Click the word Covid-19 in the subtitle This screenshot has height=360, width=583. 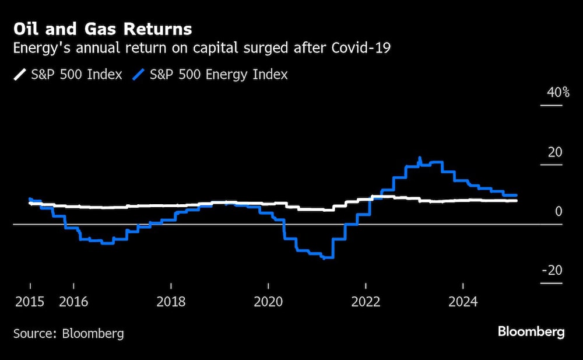click(361, 48)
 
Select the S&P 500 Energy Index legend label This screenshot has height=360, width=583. click(219, 75)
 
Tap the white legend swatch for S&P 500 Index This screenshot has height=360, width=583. click(20, 75)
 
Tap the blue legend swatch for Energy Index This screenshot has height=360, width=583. click(138, 75)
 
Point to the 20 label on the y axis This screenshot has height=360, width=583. click(554, 152)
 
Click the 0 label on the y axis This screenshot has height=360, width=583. click(559, 211)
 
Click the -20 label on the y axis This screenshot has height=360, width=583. click(552, 271)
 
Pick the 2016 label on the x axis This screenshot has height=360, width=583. click(73, 302)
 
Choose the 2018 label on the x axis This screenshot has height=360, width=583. click(171, 302)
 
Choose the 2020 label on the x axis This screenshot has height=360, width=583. click(268, 302)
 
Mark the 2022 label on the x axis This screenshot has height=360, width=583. click(366, 302)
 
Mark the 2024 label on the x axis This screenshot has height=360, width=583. click(463, 302)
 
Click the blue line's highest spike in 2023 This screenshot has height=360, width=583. click(420, 158)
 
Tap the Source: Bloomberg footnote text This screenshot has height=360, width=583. click(69, 334)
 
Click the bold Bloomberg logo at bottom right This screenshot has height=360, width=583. click(531, 332)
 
